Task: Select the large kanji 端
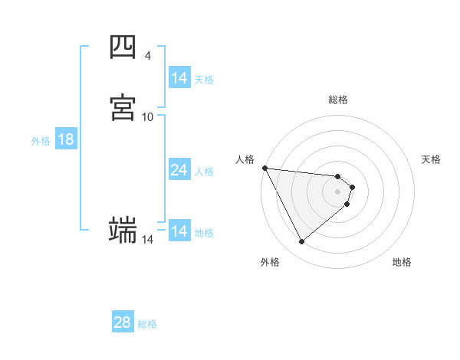[x=123, y=229]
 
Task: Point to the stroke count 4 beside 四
[x=147, y=56]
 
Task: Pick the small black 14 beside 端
[x=147, y=240]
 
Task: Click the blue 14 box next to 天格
[x=179, y=78]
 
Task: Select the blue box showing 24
[x=179, y=170]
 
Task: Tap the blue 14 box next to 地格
[x=179, y=231]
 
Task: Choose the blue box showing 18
[x=66, y=139]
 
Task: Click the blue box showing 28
[x=123, y=322]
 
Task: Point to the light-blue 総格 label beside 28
[x=148, y=324]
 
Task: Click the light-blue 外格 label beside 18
[x=41, y=141]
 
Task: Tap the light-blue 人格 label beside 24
[x=204, y=172]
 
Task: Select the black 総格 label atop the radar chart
[x=338, y=100]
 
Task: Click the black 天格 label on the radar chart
[x=432, y=159]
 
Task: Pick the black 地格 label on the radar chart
[x=402, y=262]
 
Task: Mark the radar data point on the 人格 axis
[x=264, y=168]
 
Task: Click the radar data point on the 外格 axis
[x=302, y=242]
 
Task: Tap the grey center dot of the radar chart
[x=338, y=191]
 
